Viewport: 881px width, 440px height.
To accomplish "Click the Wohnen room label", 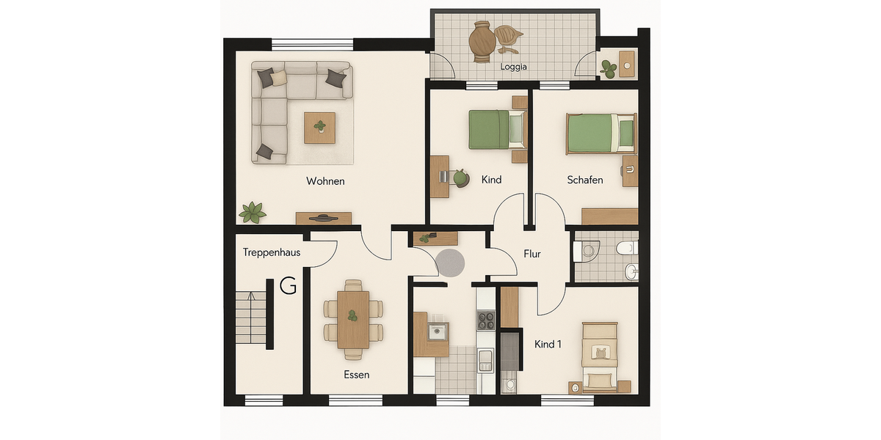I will coord(325,181).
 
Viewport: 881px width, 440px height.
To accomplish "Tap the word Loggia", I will coord(514,67).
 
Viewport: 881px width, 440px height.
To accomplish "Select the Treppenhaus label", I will coord(272,253).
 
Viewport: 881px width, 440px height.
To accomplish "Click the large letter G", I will coord(288,286).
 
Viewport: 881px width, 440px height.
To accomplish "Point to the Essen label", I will coord(356,375).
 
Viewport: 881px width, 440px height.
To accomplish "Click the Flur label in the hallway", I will coord(532,254).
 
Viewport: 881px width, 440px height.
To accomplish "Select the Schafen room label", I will coord(585,180).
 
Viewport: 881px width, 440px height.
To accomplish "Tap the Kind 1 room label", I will coord(548,344).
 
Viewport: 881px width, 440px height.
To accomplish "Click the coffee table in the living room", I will coord(319,128).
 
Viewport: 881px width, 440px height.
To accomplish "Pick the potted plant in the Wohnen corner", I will coord(253,212).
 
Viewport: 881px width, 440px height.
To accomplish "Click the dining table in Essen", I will coord(353,320).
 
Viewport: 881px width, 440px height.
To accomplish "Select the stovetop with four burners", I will coord(486,320).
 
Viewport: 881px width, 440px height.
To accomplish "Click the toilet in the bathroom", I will coord(625,248).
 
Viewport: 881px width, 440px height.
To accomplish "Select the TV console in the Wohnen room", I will coord(323,218).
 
